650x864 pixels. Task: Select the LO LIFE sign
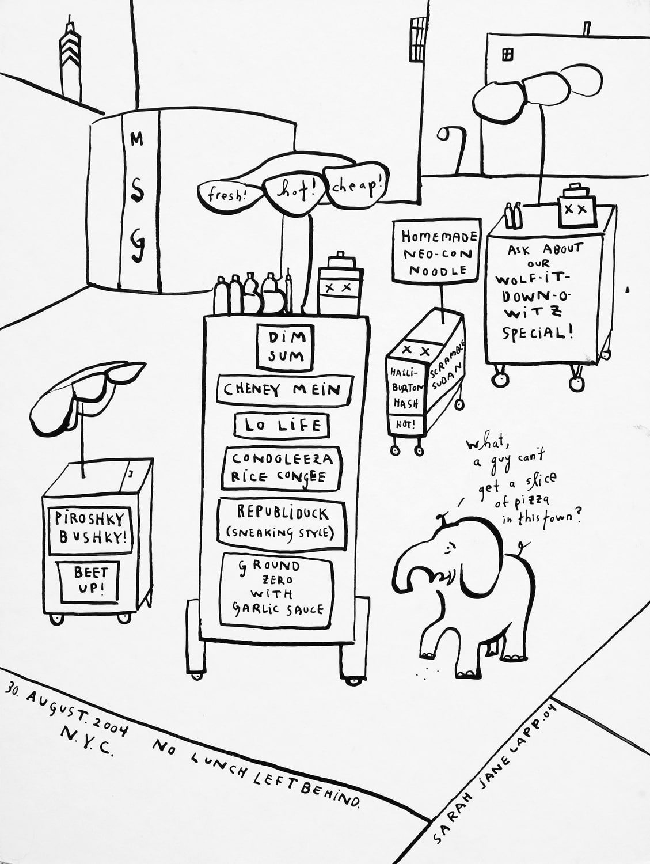click(x=282, y=426)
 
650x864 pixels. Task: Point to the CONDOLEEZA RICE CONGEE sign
click(x=283, y=468)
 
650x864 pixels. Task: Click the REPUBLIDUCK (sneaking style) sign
click(x=282, y=522)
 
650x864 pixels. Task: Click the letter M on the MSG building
click(x=136, y=139)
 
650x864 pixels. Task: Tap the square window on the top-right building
click(x=507, y=54)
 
